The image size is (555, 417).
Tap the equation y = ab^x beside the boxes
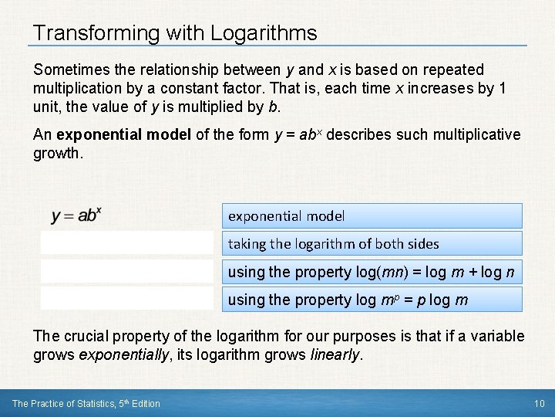(76, 215)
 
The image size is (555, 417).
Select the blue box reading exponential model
(372, 216)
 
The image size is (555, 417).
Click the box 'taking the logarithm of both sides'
(372, 244)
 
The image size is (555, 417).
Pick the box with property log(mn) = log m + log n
(372, 272)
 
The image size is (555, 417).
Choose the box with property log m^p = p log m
(372, 300)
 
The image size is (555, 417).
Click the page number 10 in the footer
(539, 403)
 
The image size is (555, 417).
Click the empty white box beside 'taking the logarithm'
(127, 243)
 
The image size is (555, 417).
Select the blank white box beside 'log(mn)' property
(127, 271)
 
